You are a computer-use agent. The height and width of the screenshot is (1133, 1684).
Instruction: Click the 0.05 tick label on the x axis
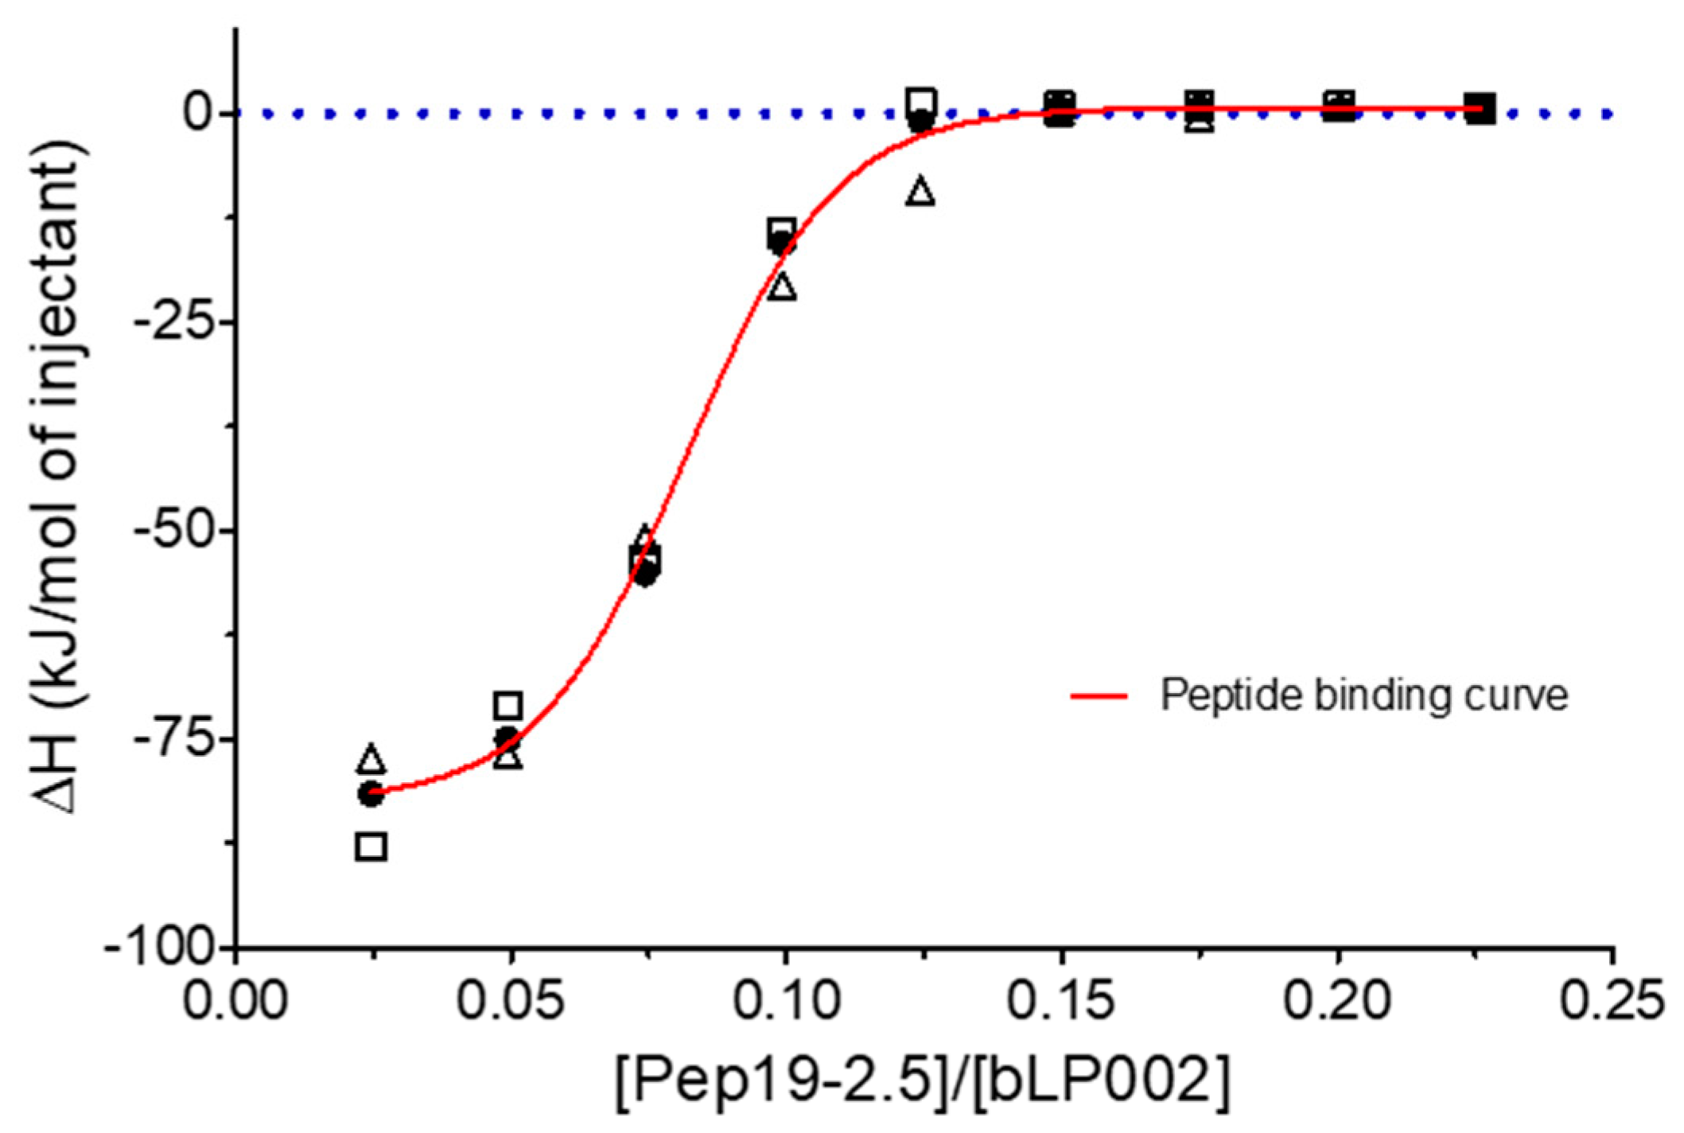coord(510,1000)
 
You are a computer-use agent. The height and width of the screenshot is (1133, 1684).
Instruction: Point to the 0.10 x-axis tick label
coord(785,1000)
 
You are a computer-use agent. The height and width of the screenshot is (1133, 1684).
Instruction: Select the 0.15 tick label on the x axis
coord(1060,1000)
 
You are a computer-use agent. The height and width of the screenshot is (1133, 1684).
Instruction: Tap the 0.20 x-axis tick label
coord(1337,1000)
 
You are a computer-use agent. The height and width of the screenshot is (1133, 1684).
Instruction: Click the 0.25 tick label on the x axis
coord(1612,1000)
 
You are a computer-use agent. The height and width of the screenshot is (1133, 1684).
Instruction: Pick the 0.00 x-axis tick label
coord(235,1000)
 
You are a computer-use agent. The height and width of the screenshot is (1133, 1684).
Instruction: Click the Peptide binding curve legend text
coord(1363,695)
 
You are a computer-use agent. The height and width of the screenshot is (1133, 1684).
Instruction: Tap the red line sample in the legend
coord(1099,696)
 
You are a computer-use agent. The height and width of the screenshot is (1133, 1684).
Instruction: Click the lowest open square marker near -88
coord(371,847)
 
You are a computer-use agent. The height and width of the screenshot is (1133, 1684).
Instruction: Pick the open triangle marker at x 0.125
coord(920,192)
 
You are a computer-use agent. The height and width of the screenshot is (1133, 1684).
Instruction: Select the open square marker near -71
coord(508,705)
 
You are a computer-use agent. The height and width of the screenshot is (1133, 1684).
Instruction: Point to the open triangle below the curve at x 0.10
coord(783,286)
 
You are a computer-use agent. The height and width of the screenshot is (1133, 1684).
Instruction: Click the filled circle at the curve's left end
coord(370,793)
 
